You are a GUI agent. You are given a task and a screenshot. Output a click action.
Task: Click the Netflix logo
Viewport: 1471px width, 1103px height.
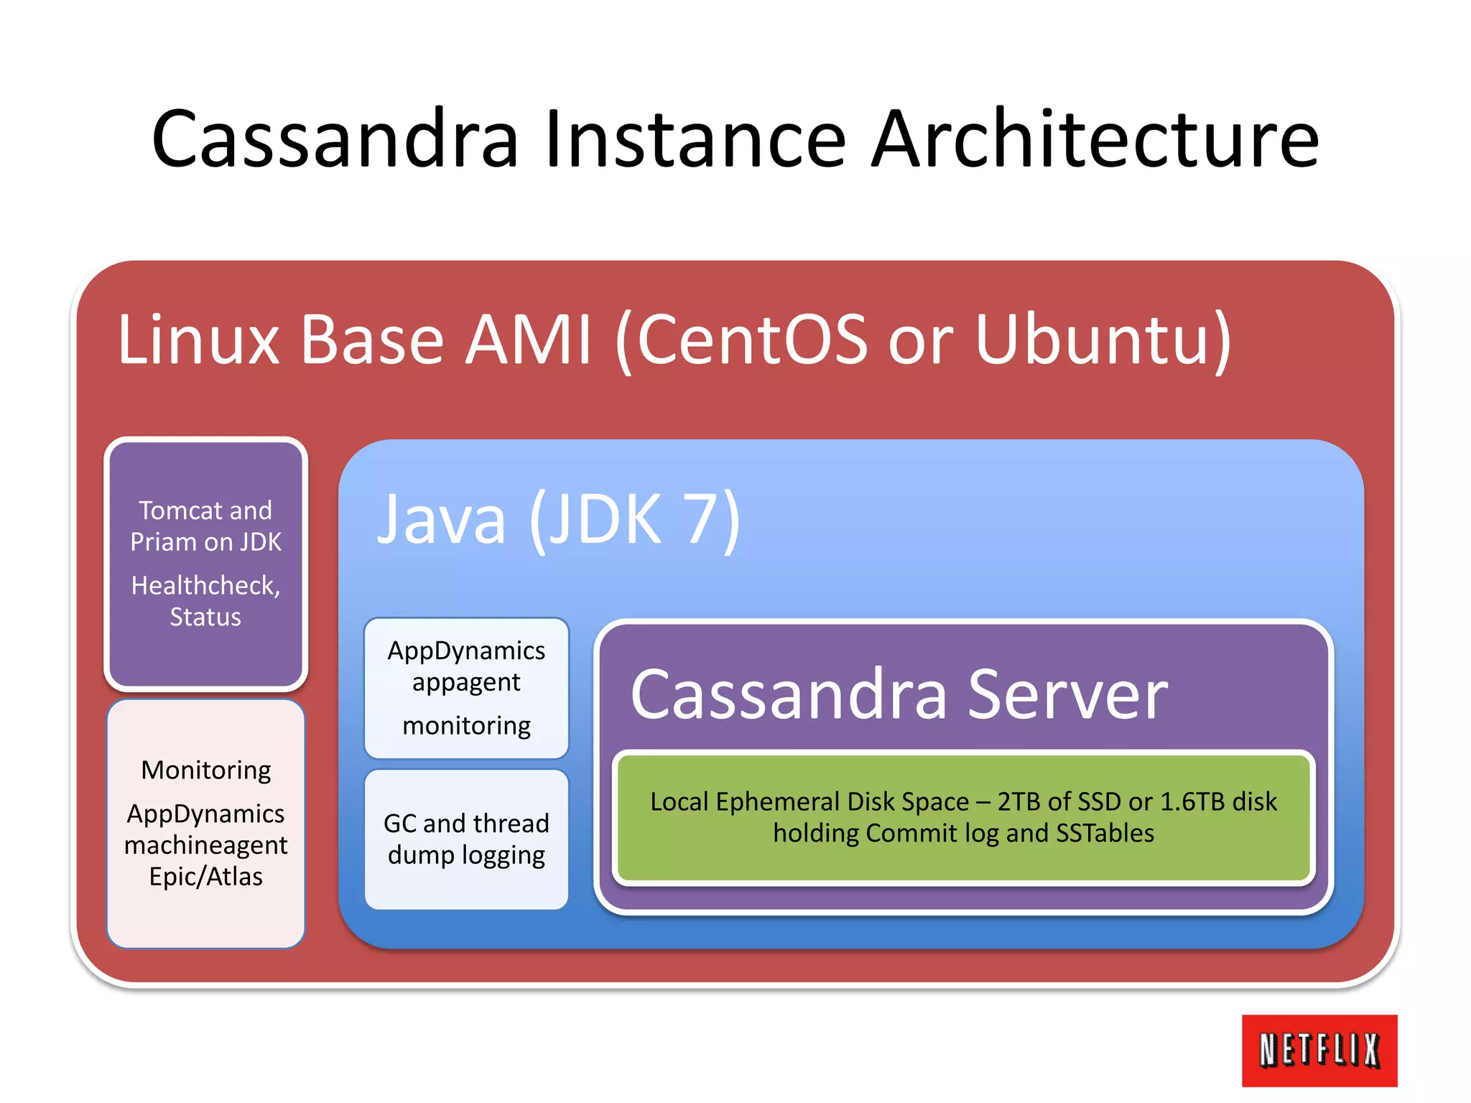(1319, 1050)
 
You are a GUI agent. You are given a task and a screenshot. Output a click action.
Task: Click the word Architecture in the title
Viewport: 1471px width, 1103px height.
(1095, 139)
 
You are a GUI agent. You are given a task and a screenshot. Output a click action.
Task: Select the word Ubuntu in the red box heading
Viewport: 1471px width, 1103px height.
(1103, 339)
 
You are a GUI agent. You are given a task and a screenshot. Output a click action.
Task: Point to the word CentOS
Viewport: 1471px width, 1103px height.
(751, 339)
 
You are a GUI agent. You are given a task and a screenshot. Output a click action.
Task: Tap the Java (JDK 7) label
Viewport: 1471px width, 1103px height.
(558, 518)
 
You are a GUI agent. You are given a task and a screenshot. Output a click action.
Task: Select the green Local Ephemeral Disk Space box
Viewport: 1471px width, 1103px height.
(963, 817)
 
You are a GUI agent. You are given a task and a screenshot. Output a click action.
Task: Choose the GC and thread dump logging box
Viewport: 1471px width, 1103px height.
(466, 839)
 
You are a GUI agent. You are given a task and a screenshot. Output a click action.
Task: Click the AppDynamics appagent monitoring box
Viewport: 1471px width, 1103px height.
(466, 687)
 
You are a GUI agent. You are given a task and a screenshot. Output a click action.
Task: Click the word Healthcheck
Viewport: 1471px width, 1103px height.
(204, 585)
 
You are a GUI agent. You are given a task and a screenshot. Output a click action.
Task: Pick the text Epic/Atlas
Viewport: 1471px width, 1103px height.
(205, 877)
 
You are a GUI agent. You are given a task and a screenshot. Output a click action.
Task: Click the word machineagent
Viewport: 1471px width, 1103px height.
(205, 845)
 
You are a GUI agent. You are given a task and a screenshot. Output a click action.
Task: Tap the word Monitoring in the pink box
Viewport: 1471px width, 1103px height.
(206, 770)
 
